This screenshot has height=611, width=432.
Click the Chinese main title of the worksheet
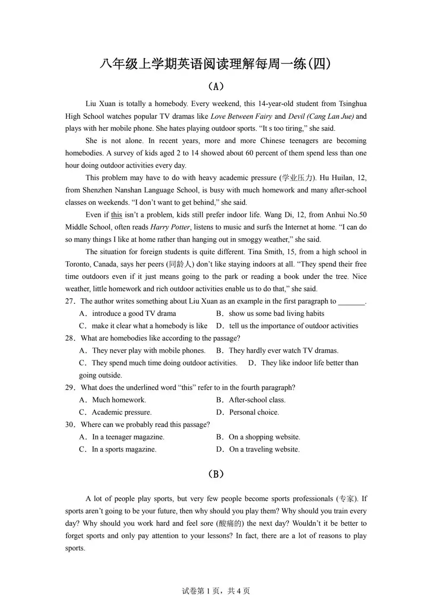click(216, 64)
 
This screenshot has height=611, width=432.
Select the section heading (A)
click(216, 86)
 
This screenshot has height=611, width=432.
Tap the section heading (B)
click(216, 474)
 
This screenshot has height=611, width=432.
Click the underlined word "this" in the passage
click(116, 215)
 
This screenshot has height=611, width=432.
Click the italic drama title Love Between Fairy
click(241, 116)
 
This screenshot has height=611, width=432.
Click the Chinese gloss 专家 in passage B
click(346, 499)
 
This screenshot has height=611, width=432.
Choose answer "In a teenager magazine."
click(128, 437)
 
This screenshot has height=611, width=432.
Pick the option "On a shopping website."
click(264, 437)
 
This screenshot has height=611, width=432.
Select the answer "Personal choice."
click(254, 412)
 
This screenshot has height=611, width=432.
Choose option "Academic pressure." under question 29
click(121, 412)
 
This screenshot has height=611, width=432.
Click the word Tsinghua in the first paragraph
click(353, 104)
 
